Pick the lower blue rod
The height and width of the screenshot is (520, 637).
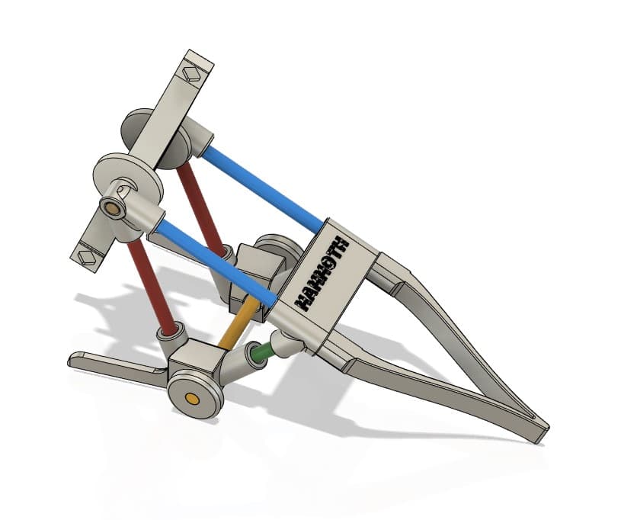coord(216,263)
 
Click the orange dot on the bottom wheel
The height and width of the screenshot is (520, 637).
coord(192,399)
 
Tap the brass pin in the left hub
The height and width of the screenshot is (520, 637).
coord(113,209)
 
